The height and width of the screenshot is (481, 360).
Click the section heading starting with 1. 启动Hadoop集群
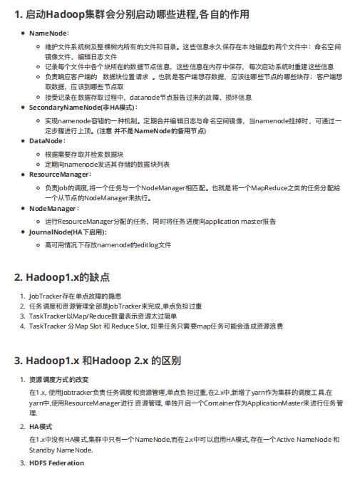pyautogui.click(x=131, y=14)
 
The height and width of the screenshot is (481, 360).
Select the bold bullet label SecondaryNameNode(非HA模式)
pyautogui.click(x=78, y=107)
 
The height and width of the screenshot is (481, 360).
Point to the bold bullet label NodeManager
pyautogui.click(x=53, y=209)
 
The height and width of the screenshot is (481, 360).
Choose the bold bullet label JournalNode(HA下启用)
pyautogui.click(x=67, y=232)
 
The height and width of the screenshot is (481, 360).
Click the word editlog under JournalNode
pyautogui.click(x=148, y=244)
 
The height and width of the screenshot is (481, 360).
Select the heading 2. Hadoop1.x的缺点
pyautogui.click(x=62, y=277)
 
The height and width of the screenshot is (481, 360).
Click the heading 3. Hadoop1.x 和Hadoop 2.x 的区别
pyautogui.click(x=97, y=360)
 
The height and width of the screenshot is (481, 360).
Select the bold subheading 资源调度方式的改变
pyautogui.click(x=58, y=379)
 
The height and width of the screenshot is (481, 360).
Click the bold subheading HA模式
pyautogui.click(x=41, y=426)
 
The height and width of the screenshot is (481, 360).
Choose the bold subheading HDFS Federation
pyautogui.click(x=56, y=463)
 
